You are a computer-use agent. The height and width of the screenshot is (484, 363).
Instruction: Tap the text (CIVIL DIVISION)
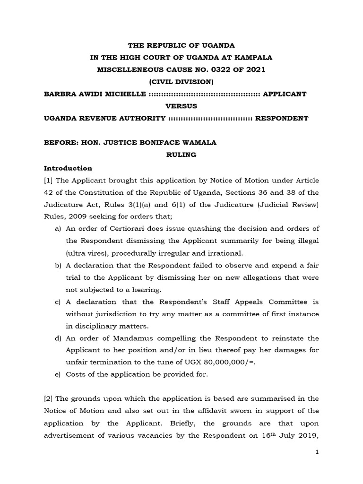click(182, 82)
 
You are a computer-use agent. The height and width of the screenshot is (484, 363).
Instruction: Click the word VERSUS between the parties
click(181, 106)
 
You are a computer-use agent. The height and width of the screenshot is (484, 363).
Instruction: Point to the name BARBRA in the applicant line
click(60, 94)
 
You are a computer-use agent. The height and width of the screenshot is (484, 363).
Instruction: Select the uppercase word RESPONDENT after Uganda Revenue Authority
click(282, 118)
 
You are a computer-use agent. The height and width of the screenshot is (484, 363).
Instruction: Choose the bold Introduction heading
click(68, 168)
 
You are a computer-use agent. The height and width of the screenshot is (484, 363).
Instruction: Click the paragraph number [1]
click(49, 181)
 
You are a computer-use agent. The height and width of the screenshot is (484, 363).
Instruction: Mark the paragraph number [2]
click(49, 399)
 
